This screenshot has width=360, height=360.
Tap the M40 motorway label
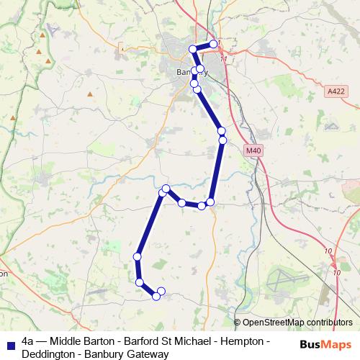(x=251, y=150)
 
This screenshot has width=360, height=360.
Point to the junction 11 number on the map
(x=224, y=59)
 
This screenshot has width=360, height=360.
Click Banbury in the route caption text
(x=107, y=354)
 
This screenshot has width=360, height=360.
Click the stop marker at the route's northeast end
(x=214, y=44)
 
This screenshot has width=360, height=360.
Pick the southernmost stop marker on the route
(x=156, y=296)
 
